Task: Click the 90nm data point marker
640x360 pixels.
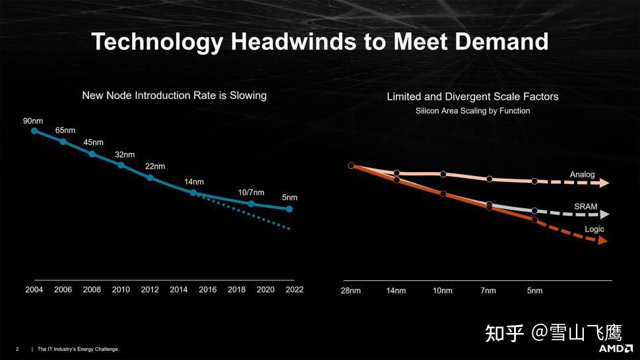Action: pyautogui.click(x=34, y=131)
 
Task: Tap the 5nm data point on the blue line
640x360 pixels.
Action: pyautogui.click(x=289, y=209)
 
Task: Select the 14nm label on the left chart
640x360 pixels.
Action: pyautogui.click(x=194, y=181)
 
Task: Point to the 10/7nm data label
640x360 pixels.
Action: pyautogui.click(x=251, y=193)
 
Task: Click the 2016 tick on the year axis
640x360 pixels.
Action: pyautogui.click(x=207, y=290)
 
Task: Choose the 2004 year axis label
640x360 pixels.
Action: pyautogui.click(x=34, y=290)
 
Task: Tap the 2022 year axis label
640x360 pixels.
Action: pyautogui.click(x=294, y=290)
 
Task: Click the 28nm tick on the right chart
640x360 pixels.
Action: pyautogui.click(x=350, y=291)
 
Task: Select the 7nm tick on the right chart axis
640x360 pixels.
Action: pyautogui.click(x=489, y=291)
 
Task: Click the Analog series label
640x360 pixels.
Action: pyautogui.click(x=582, y=175)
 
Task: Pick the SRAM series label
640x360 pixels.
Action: pyautogui.click(x=585, y=206)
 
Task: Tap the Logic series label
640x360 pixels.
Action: pyautogui.click(x=594, y=229)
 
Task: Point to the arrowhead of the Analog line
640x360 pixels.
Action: pyautogui.click(x=604, y=183)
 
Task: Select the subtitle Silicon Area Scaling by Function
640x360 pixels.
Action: pyautogui.click(x=472, y=111)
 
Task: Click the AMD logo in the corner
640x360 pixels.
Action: pyautogui.click(x=616, y=348)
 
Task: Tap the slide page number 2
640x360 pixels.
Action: pyautogui.click(x=17, y=349)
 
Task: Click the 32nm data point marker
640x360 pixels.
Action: pyautogui.click(x=121, y=165)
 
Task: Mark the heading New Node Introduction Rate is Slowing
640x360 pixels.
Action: pyautogui.click(x=174, y=96)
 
